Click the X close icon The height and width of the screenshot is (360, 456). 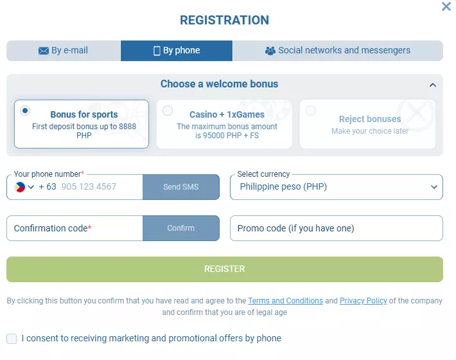446,6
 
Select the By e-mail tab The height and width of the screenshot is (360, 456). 64,51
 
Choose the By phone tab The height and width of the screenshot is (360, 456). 177,51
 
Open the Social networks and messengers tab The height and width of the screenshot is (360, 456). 338,51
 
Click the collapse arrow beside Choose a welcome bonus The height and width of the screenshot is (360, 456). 433,85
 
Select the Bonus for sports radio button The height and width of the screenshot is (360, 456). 25,111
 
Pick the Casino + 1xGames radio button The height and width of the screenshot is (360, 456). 168,111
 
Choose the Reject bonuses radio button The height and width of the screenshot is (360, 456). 311,111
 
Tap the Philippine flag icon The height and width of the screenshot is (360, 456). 19,187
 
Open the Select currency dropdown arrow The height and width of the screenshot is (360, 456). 434,187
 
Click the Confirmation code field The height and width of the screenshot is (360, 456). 75,228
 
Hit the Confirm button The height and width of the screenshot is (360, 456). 181,228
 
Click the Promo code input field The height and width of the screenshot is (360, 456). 337,228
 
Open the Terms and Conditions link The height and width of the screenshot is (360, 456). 285,301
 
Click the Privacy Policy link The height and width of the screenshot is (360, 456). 364,301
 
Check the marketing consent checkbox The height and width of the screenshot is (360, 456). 12,339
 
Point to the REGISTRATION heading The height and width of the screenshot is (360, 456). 225,21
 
